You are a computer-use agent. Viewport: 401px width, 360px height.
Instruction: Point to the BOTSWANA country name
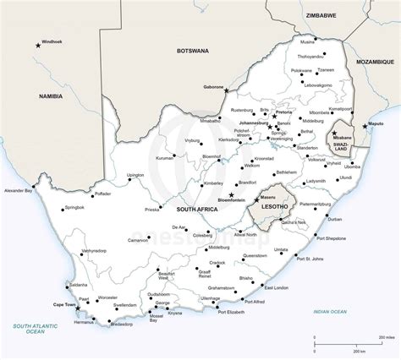tap(191, 51)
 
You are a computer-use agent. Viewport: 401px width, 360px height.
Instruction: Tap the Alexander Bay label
tap(18, 191)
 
